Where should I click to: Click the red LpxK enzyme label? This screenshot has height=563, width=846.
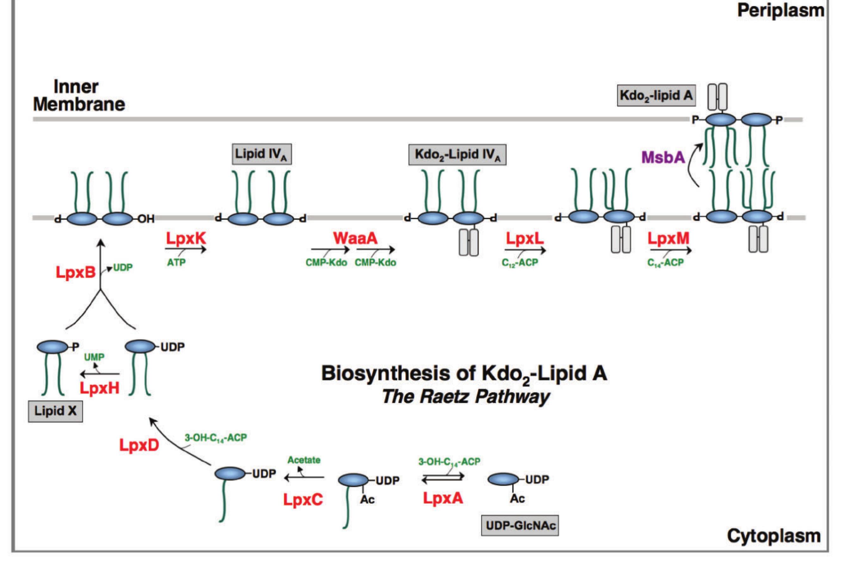click(186, 238)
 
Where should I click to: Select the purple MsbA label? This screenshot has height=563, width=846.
click(663, 157)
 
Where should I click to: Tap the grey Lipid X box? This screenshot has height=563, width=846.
click(55, 411)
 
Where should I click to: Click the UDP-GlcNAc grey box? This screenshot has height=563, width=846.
click(520, 526)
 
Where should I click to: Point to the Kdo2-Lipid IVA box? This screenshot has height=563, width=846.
click(457, 155)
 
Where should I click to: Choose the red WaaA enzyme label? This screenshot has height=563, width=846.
click(355, 238)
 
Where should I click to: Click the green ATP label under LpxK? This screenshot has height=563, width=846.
click(176, 263)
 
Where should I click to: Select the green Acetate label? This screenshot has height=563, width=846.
click(304, 460)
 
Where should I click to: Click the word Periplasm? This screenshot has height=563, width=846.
click(781, 10)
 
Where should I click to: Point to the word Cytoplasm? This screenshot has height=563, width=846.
click(774, 536)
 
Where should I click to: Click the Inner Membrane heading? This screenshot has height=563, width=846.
click(79, 96)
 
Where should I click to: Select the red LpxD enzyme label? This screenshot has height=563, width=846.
click(139, 446)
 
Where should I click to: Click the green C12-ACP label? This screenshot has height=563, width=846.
click(519, 263)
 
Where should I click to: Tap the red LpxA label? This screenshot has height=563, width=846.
click(443, 498)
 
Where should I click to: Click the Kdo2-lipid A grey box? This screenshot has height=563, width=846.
click(656, 96)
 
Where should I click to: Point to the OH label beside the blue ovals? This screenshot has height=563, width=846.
click(146, 219)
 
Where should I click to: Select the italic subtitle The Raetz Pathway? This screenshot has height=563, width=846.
click(465, 397)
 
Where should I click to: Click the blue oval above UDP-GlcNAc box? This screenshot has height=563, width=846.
click(503, 479)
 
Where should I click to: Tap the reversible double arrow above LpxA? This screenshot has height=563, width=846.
click(443, 478)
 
